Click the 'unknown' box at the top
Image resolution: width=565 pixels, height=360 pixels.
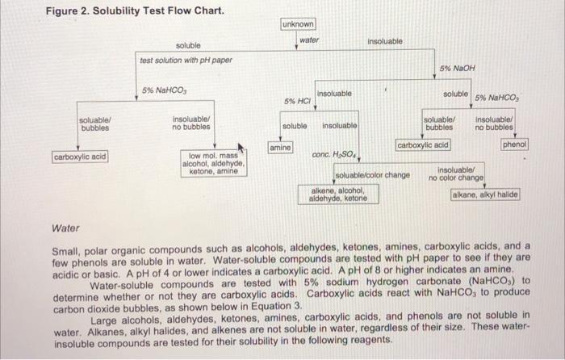[x=299, y=24]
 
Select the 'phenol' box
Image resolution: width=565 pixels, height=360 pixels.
[x=514, y=145]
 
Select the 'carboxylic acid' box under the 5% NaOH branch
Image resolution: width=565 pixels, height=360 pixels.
[x=423, y=145]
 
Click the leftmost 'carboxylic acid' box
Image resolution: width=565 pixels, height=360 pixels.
[x=80, y=157]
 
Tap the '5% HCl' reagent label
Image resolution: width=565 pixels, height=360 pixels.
[x=298, y=101]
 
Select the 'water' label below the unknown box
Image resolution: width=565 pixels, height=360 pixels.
[x=308, y=40]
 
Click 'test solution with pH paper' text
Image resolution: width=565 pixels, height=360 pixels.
[x=186, y=61]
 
